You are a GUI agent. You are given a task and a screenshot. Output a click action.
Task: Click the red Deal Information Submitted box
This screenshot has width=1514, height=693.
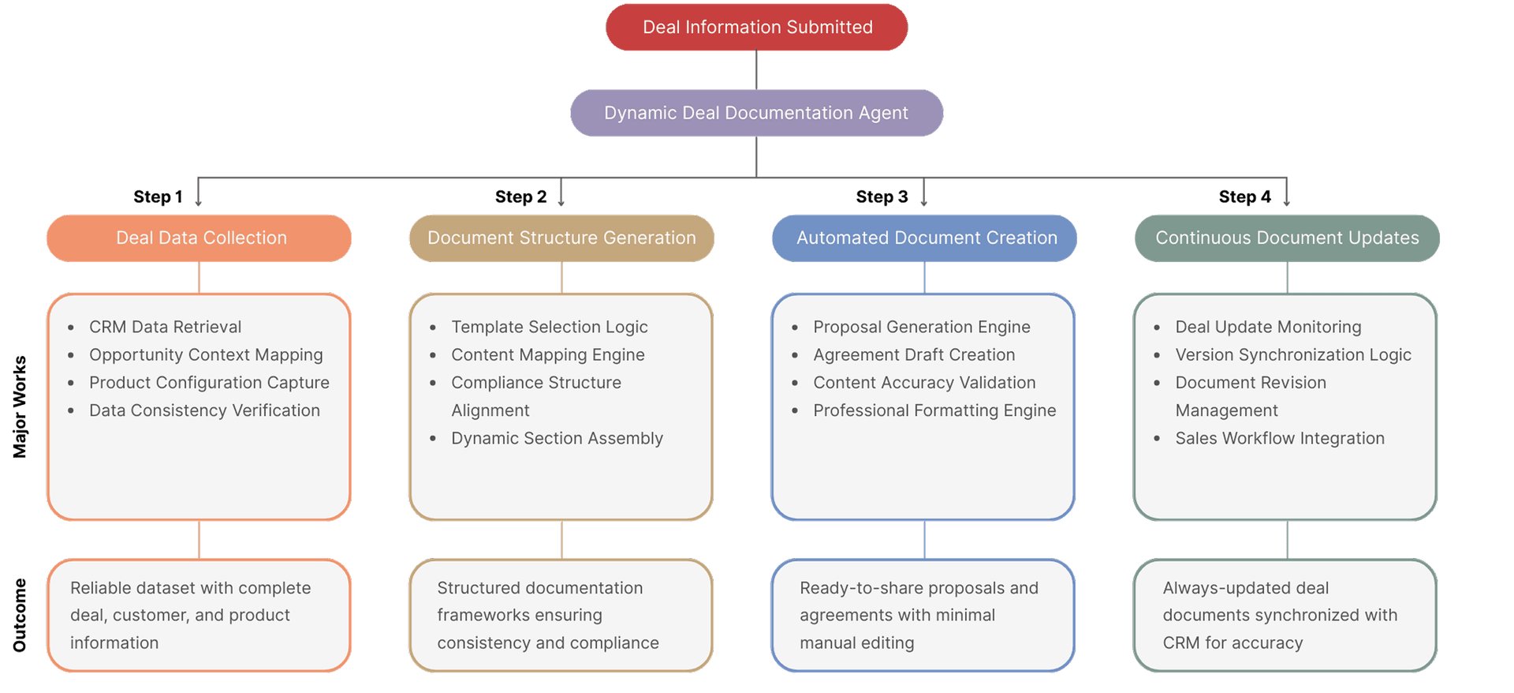click(x=756, y=28)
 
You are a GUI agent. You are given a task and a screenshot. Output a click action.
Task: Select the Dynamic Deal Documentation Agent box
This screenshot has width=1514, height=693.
click(x=756, y=113)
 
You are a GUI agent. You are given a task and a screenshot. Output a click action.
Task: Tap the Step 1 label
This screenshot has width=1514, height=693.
click(x=158, y=197)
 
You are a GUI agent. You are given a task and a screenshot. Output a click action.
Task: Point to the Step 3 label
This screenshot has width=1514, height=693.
click(x=882, y=197)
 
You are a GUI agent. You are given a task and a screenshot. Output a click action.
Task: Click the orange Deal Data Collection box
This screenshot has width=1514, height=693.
click(x=200, y=238)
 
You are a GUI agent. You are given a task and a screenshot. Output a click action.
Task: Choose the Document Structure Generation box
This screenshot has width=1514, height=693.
click(x=561, y=238)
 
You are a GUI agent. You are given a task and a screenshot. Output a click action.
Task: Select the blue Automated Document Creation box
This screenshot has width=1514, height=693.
click(x=925, y=238)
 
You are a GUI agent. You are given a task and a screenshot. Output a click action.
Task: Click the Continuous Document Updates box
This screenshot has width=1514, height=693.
click(x=1287, y=238)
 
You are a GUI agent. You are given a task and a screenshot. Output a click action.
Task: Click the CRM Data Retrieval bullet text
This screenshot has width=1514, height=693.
click(x=165, y=327)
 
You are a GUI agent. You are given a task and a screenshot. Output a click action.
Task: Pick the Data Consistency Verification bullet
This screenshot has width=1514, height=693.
click(x=204, y=410)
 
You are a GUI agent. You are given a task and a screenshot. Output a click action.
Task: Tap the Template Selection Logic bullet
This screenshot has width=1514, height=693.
click(x=549, y=327)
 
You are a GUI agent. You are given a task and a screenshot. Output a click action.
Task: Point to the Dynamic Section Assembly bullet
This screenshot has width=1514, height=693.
click(x=557, y=438)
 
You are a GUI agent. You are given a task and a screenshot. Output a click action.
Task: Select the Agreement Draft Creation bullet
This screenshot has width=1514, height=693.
click(x=914, y=354)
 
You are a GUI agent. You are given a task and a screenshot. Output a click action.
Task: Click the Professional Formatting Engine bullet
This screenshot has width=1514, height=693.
click(x=934, y=410)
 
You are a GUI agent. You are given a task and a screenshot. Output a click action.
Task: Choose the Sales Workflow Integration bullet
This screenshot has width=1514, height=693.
click(x=1280, y=438)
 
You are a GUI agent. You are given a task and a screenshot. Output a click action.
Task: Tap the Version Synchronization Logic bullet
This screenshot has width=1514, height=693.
click(x=1293, y=354)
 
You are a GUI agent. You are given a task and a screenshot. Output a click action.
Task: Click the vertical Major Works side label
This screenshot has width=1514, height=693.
click(x=20, y=406)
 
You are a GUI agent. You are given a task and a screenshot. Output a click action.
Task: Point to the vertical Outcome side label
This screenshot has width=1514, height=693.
click(x=20, y=615)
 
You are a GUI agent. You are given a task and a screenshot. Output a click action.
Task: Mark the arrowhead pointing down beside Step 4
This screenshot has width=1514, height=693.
click(x=1286, y=203)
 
